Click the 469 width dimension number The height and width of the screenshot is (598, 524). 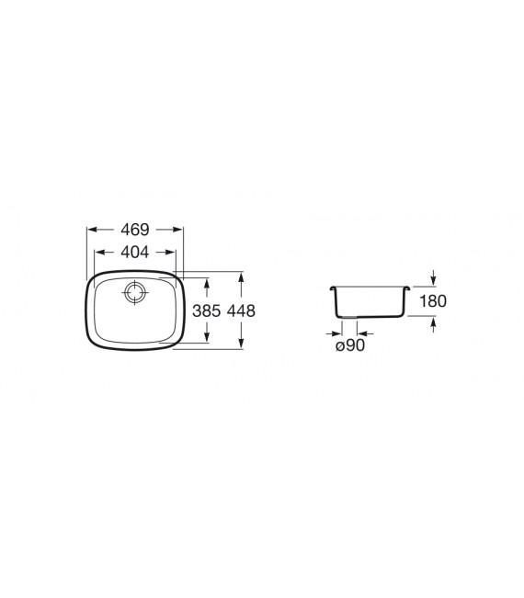point(135,230)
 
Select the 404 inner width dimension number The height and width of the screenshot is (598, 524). point(135,252)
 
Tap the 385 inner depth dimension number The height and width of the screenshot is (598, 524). point(206,311)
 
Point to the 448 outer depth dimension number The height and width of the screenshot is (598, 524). point(240,311)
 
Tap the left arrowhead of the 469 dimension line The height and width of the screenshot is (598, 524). point(91,230)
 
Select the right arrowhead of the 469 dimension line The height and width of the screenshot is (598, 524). point(178,230)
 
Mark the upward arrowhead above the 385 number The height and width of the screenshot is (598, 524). point(206,281)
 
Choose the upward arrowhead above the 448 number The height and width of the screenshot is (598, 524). point(240,276)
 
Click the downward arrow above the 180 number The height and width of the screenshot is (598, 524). point(432,280)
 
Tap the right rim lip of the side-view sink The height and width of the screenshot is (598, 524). point(406,288)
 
